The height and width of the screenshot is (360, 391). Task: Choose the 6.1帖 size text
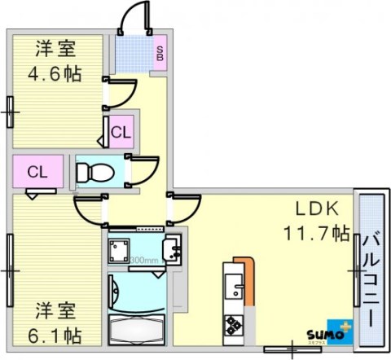pyautogui.click(x=55, y=334)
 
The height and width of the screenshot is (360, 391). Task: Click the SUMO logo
pyautogui.click(x=327, y=333)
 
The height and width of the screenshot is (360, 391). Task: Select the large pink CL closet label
pyautogui.click(x=36, y=172)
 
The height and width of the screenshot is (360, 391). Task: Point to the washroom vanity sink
pyautogui.click(x=172, y=250)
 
